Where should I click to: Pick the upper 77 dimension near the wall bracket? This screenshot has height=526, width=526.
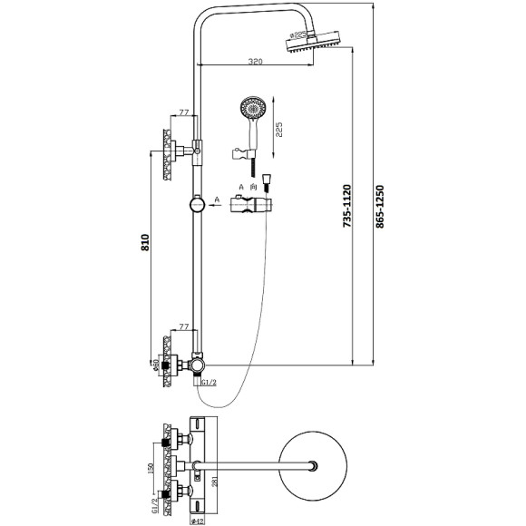click(183, 112)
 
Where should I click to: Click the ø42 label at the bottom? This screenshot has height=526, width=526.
click(197, 519)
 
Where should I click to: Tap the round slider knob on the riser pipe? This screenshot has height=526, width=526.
click(197, 204)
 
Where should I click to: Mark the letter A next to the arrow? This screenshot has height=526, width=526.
click(218, 197)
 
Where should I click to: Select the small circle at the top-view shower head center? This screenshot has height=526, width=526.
click(312, 468)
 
